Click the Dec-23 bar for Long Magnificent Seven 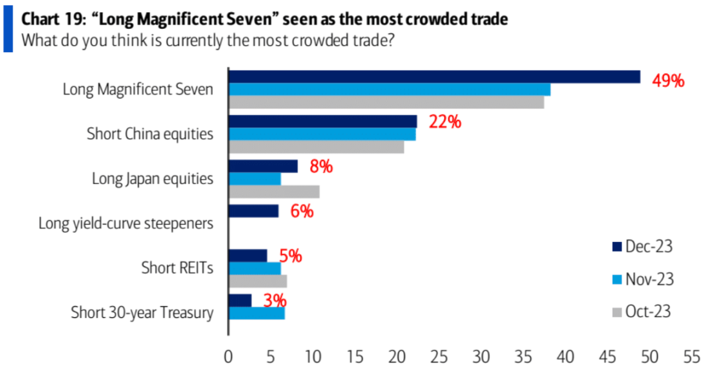[x=434, y=77]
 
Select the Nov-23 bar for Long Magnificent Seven [x=389, y=89]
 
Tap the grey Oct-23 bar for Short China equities [x=316, y=147]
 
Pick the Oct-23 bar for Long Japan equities [x=274, y=192]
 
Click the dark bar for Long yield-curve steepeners [x=253, y=211]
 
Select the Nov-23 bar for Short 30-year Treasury [x=257, y=313]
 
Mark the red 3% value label [x=274, y=300]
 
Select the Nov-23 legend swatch [x=617, y=279]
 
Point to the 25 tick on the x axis [x=439, y=358]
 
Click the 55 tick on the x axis [x=692, y=358]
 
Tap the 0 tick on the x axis [x=228, y=358]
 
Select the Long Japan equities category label [x=153, y=179]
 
